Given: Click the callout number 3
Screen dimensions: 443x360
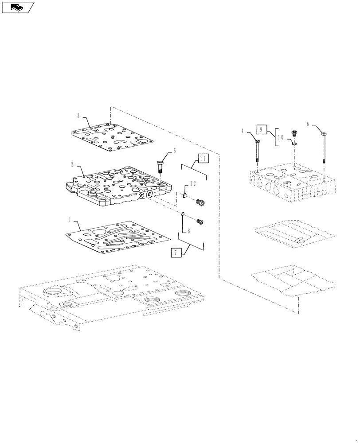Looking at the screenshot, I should [x=78, y=116].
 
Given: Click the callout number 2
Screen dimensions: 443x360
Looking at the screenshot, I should [x=72, y=164].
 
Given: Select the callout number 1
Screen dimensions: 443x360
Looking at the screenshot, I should [x=69, y=219].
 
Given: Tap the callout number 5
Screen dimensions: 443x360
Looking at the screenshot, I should [x=174, y=151].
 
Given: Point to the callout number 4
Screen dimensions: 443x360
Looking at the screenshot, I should [x=243, y=131].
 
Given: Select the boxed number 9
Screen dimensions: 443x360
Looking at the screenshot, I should [x=261, y=129].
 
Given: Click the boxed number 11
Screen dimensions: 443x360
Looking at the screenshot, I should [x=203, y=158].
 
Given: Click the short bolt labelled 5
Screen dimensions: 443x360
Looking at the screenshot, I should [x=160, y=169].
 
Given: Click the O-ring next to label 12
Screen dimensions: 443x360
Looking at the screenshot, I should [x=184, y=195].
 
